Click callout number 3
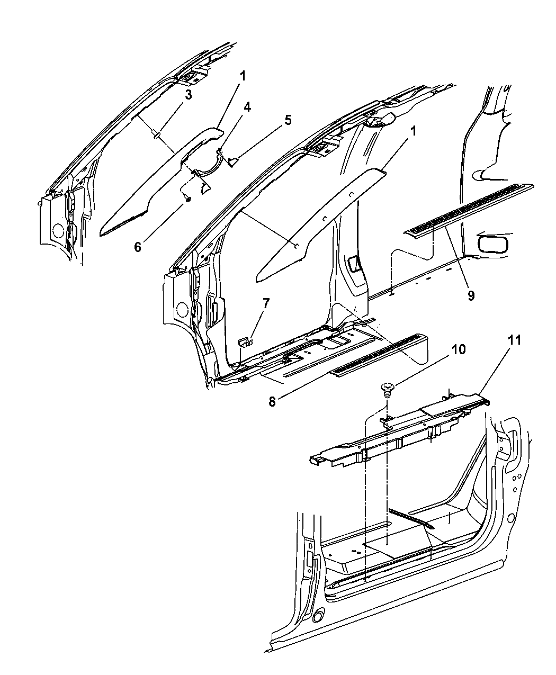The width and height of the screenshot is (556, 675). (x=188, y=95)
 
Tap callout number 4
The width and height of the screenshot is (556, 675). (x=247, y=107)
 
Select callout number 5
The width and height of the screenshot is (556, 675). (x=288, y=120)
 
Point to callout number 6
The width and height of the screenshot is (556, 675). (x=138, y=247)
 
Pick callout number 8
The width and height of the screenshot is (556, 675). (x=272, y=401)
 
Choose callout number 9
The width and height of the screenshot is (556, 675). (x=471, y=295)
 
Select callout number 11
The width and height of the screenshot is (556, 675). (x=514, y=340)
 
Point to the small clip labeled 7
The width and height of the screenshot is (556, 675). (x=246, y=341)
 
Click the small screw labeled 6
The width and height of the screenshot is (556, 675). (x=187, y=198)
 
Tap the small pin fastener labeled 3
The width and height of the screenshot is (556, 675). (x=157, y=134)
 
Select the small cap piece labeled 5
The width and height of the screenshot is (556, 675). (x=232, y=161)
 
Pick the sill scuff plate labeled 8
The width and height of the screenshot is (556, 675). (x=379, y=356)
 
